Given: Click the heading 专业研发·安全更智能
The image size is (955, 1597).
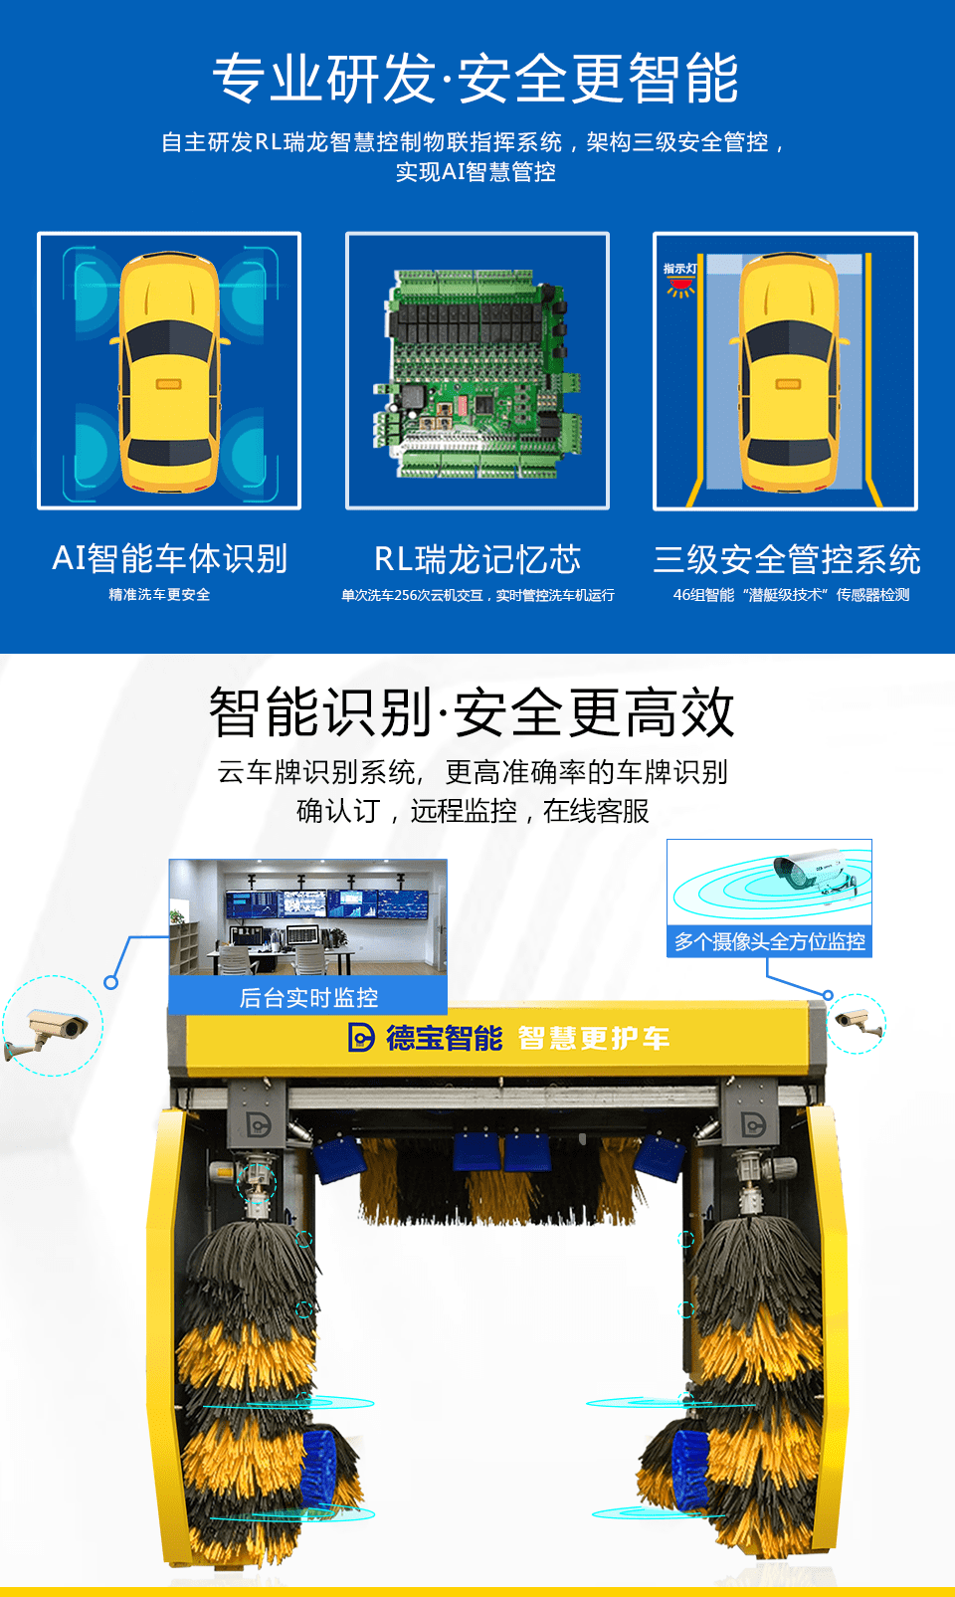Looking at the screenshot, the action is (x=476, y=78).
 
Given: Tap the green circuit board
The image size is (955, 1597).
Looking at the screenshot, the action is (x=477, y=373).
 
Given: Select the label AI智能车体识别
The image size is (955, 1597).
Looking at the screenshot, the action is (x=170, y=558).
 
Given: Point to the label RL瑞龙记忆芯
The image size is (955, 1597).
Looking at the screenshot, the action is (x=477, y=559).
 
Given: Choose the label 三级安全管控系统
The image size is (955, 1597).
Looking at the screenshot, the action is (x=787, y=559).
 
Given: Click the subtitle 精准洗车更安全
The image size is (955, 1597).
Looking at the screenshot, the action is (x=159, y=595).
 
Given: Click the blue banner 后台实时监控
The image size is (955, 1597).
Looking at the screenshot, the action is (x=307, y=996).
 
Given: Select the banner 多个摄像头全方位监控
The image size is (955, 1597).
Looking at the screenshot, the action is (x=770, y=942).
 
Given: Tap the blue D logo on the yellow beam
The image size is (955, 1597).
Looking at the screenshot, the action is (x=361, y=1038).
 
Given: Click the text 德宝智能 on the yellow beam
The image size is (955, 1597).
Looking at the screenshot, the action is (x=445, y=1038).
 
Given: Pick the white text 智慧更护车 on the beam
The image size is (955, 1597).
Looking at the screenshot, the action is (x=594, y=1038).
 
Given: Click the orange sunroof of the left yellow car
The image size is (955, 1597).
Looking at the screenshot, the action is (x=169, y=384).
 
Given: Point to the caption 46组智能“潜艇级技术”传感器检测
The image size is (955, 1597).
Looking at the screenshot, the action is (x=791, y=595).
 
